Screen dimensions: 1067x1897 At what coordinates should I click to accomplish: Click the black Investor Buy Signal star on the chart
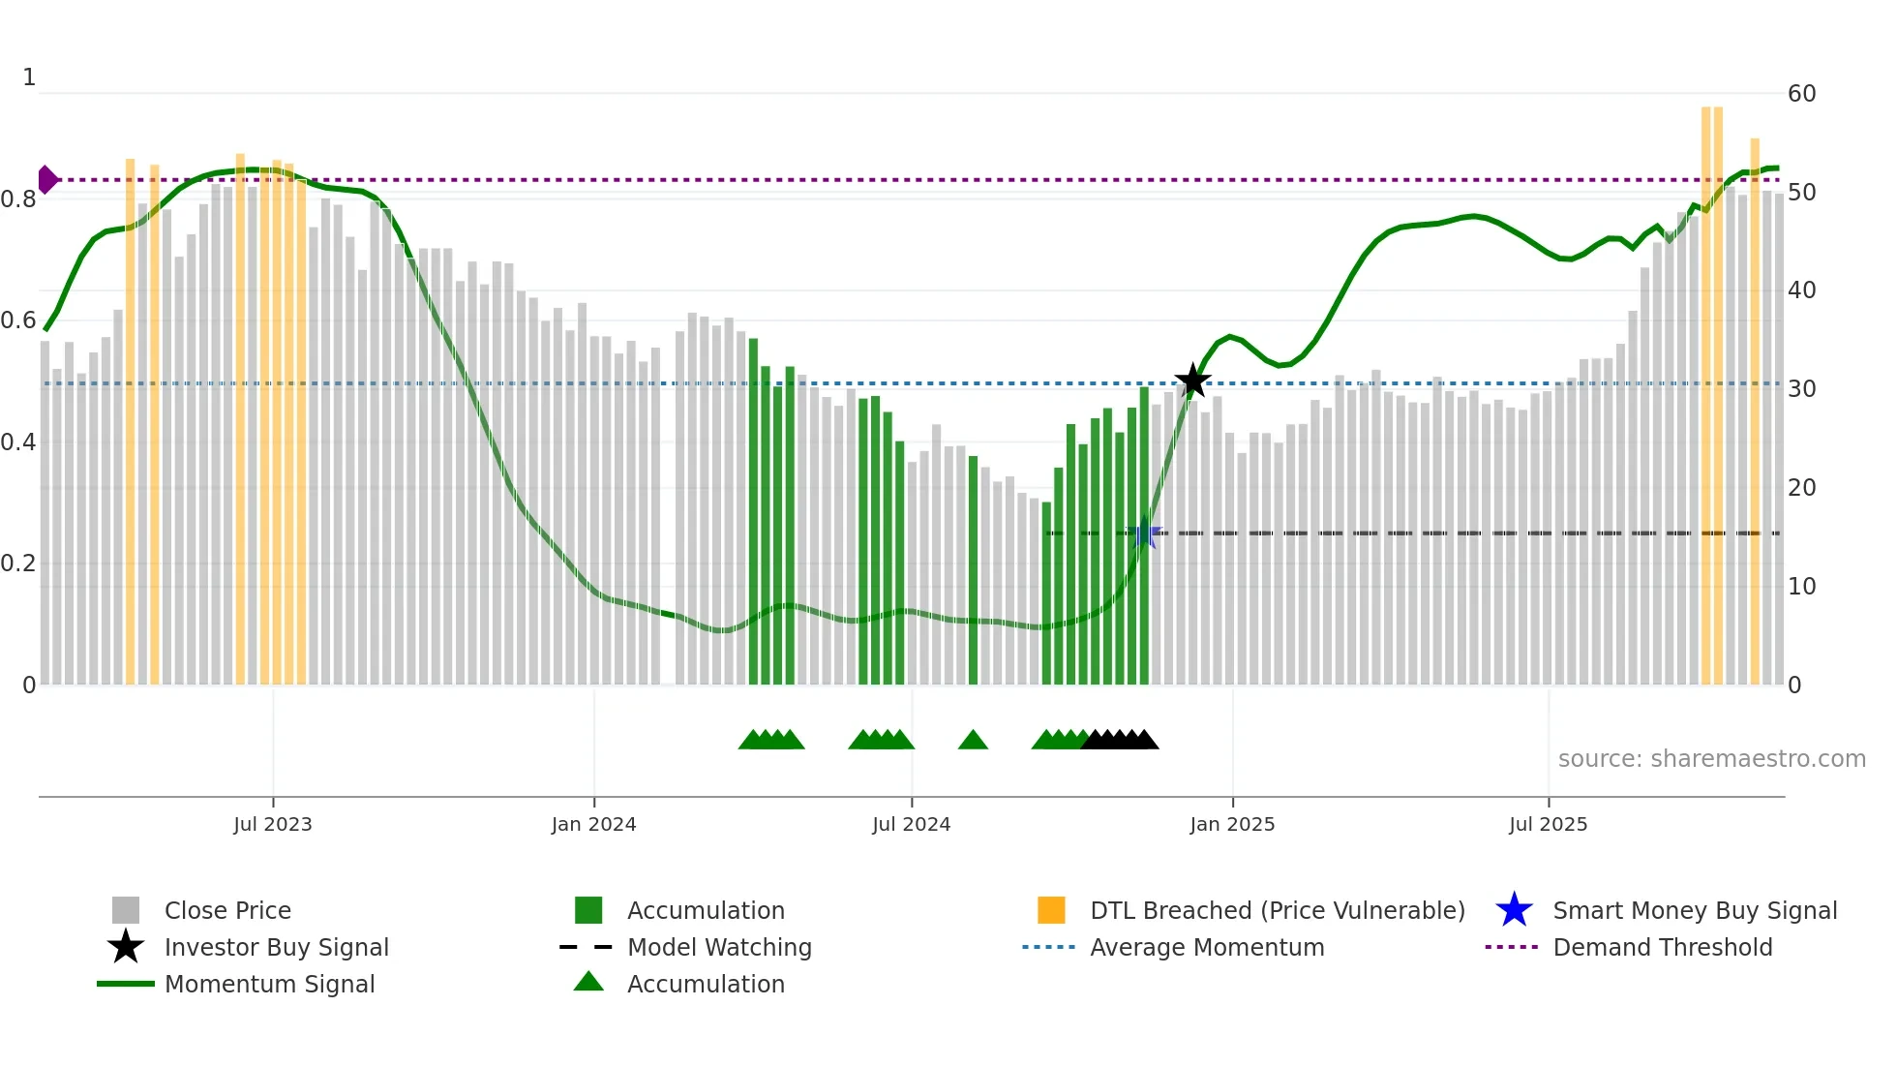[x=1192, y=381]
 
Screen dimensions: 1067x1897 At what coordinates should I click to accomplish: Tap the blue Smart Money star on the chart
[x=1144, y=533]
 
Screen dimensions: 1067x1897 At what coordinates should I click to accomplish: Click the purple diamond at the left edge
[x=46, y=180]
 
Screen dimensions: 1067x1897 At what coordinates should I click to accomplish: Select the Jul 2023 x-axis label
[x=273, y=824]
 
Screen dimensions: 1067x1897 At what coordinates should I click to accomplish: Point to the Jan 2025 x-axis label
[x=1232, y=824]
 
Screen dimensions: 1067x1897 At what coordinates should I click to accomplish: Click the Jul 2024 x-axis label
[x=911, y=824]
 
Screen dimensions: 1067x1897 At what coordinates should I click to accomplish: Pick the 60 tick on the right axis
[x=1801, y=94]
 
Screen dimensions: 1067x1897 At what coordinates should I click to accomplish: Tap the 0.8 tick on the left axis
[x=18, y=199]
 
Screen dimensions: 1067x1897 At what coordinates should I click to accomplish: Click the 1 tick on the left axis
[x=29, y=77]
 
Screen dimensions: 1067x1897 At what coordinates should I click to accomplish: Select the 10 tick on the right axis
[x=1801, y=586]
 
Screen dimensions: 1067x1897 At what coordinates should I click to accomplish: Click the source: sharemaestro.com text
[x=1711, y=758]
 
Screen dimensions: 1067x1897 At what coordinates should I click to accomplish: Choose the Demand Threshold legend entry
[x=1662, y=947]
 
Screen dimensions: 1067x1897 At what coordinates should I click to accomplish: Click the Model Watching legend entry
[x=718, y=947]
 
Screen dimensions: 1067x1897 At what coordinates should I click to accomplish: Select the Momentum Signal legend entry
[x=269, y=984]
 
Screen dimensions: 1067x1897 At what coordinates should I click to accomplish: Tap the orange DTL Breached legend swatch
[x=1051, y=910]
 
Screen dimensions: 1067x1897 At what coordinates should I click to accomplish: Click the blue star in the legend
[x=1514, y=910]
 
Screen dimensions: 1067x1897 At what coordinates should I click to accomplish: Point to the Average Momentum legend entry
[x=1206, y=947]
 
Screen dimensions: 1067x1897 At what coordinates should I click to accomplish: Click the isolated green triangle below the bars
[x=973, y=741]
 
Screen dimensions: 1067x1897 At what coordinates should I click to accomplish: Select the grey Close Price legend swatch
[x=126, y=910]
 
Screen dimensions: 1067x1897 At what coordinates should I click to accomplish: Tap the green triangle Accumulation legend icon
[x=588, y=982]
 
